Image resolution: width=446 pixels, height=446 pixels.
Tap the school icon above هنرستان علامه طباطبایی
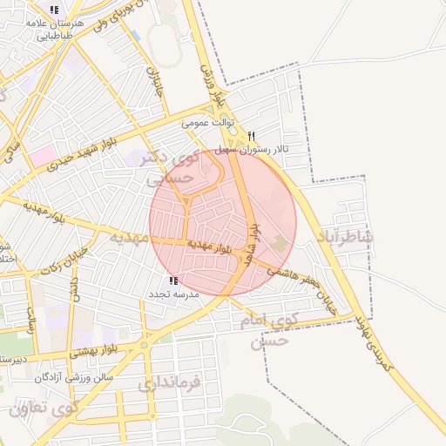click(54, 10)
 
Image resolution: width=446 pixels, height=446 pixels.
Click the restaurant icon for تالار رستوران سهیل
click(252, 136)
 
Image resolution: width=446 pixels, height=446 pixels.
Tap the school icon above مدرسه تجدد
click(173, 280)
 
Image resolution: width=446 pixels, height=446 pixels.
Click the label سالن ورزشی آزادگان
click(74, 377)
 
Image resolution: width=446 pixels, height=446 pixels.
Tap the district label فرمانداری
click(169, 382)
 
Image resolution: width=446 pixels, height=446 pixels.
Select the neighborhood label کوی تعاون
click(43, 407)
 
